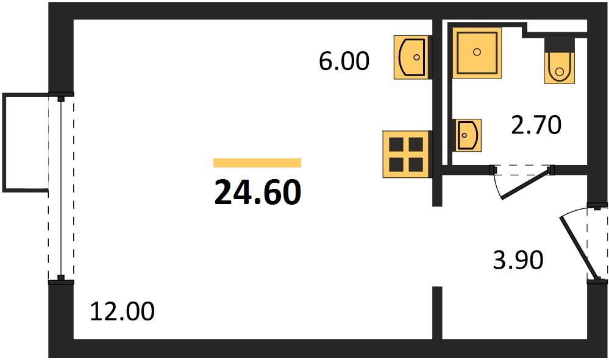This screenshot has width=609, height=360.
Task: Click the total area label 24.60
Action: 257,192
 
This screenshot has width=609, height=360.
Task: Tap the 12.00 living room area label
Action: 122,311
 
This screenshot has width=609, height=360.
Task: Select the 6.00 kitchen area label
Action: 344,62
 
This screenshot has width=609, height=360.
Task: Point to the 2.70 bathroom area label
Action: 536,125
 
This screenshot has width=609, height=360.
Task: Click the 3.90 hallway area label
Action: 518,260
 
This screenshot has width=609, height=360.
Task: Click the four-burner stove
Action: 406,154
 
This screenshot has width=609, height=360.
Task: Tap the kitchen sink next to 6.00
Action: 412,57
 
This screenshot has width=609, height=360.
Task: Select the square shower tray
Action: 477,53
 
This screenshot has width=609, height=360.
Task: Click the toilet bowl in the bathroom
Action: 559,68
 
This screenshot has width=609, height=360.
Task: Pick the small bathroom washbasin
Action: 467,135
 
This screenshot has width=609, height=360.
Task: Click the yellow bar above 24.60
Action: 257,163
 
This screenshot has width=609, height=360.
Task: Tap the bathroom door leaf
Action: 526,184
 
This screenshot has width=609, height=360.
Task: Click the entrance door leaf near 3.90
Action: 578,249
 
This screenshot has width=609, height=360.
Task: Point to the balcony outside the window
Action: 25,143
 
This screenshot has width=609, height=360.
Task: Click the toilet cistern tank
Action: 559,44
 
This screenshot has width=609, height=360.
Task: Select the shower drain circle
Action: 477,52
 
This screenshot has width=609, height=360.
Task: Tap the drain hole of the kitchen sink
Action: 417,57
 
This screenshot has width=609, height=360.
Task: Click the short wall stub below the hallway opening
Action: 437,312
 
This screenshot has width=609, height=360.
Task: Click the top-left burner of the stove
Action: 396,144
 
